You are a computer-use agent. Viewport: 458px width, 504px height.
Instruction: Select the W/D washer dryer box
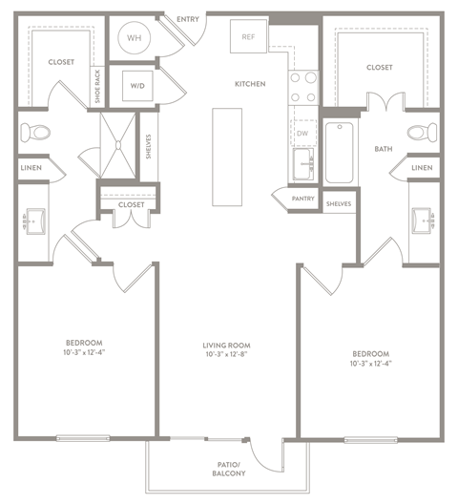pos(137,86)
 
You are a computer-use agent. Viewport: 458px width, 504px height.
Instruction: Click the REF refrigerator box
pos(249,37)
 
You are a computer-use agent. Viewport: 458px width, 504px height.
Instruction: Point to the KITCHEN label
pos(250,84)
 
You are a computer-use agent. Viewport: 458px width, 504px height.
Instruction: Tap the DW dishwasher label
pos(302,135)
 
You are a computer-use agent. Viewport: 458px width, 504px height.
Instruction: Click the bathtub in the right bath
pos(339,153)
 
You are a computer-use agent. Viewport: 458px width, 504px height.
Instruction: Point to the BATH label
pos(384,149)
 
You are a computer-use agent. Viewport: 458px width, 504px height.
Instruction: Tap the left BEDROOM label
pos(84,343)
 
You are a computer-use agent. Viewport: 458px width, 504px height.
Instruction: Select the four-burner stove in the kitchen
pos(303,88)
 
